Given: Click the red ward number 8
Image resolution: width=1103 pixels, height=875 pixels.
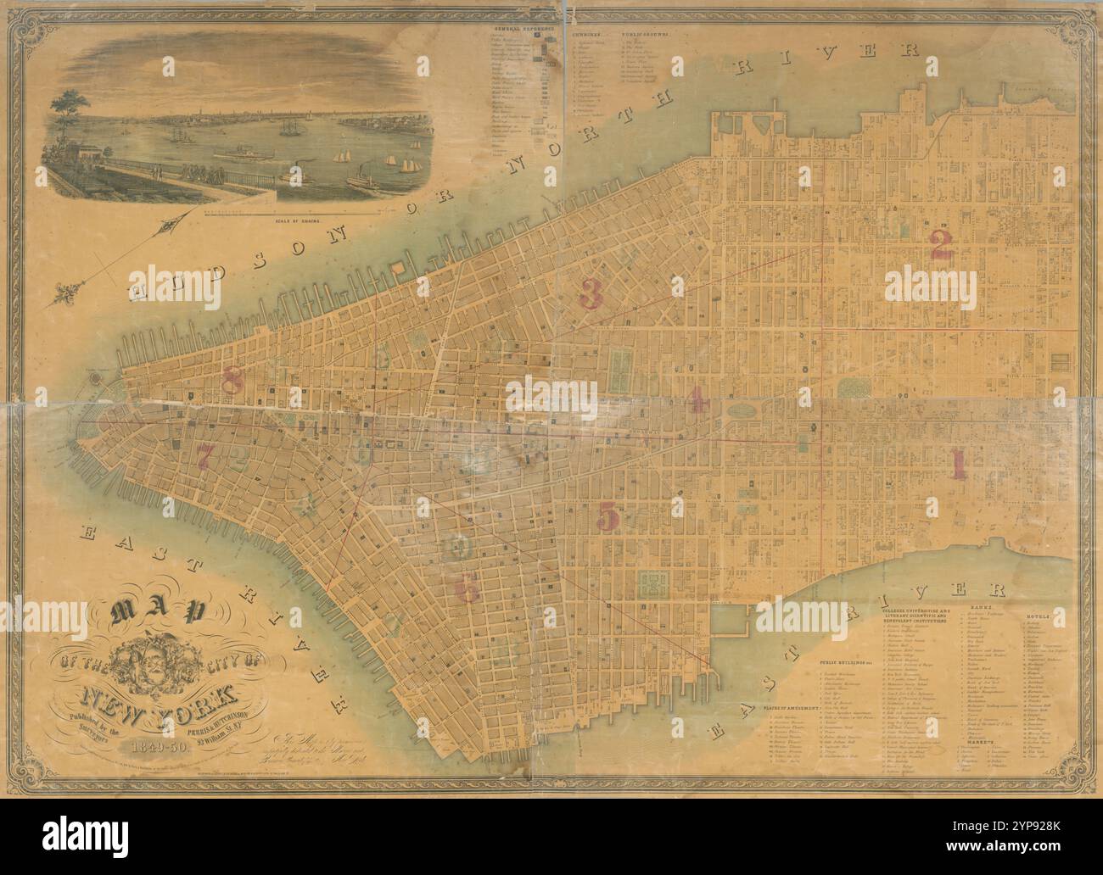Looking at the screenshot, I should [232, 380].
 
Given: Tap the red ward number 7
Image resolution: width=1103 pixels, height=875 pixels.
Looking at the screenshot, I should [205, 455].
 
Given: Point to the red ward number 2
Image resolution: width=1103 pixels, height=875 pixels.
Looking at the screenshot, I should [940, 245].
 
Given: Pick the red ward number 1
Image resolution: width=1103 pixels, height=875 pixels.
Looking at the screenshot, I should [959, 464].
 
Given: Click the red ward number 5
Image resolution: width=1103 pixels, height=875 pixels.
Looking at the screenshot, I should [607, 514].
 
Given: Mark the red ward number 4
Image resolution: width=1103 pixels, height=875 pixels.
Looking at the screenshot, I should [698, 398].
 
